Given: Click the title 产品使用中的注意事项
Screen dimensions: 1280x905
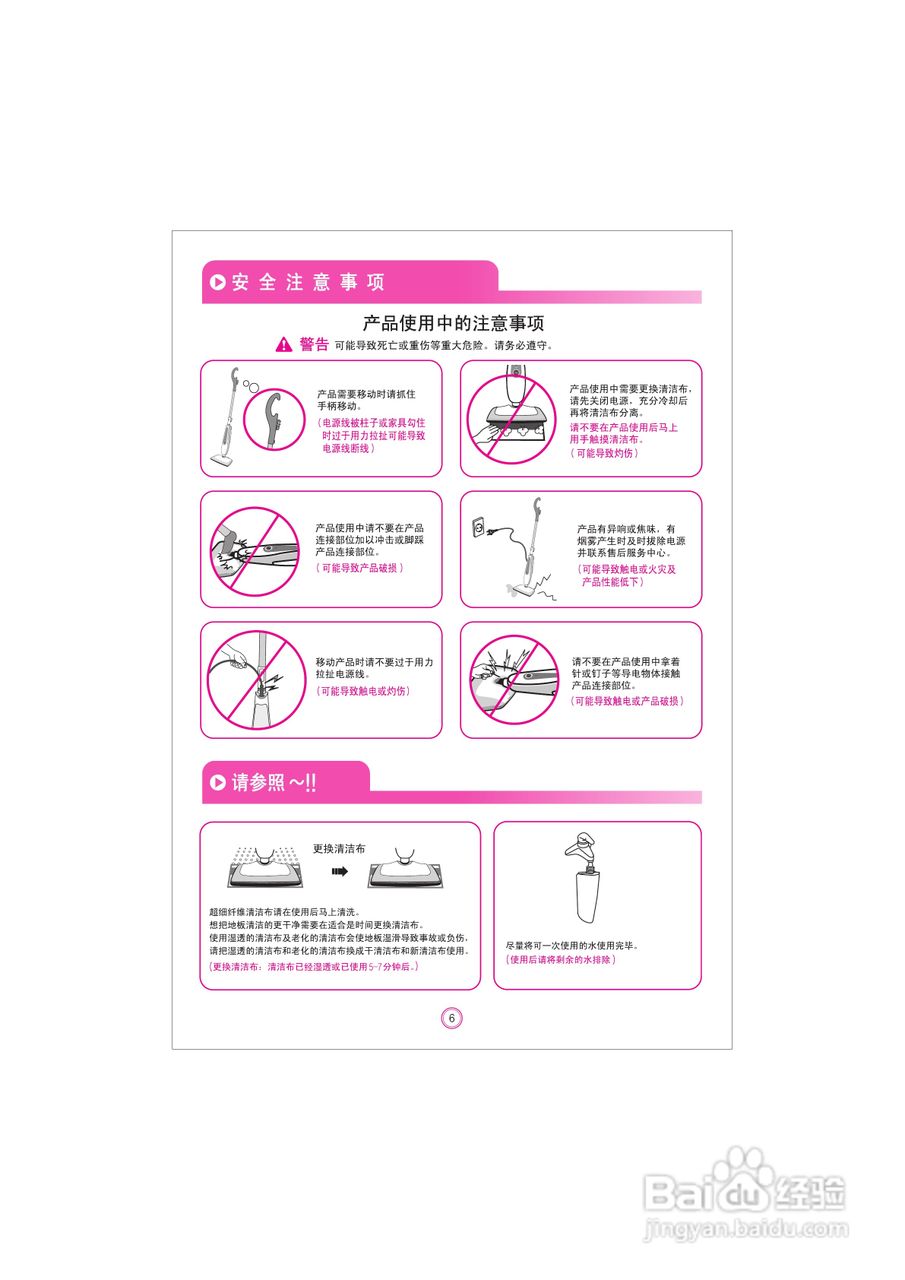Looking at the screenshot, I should [x=453, y=323].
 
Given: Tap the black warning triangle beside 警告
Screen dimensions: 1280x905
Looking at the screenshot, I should [x=284, y=345].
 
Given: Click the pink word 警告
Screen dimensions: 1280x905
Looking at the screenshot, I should [x=314, y=345].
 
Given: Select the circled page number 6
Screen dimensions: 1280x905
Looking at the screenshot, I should [x=452, y=1018].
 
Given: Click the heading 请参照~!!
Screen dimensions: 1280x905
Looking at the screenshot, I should [x=274, y=783].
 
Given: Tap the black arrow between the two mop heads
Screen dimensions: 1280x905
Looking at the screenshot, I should [x=340, y=871].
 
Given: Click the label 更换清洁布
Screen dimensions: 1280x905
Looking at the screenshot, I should [x=339, y=848].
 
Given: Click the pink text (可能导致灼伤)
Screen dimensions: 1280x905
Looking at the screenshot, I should [x=604, y=453].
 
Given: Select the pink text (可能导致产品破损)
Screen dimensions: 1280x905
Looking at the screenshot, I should [x=360, y=568].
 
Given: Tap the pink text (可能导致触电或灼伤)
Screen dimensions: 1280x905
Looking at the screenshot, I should [x=363, y=691].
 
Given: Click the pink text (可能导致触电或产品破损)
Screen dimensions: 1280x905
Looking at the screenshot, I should [x=628, y=702].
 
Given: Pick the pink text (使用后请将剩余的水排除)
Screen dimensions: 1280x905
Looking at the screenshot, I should [x=560, y=960].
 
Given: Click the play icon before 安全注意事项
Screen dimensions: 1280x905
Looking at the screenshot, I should [x=217, y=283].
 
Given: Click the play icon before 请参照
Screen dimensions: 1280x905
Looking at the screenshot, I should [x=217, y=783].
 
